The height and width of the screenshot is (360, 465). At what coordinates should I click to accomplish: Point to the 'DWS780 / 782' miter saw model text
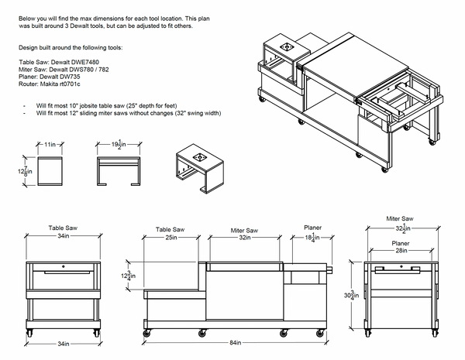(95, 67)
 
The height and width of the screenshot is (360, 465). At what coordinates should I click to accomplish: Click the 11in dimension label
(51, 145)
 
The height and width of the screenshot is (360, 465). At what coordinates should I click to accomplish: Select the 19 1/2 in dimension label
(118, 145)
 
